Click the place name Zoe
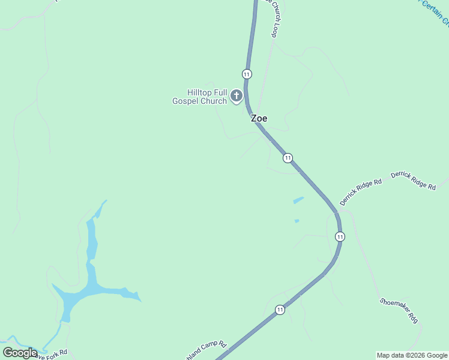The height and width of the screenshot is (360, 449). pos(259,118)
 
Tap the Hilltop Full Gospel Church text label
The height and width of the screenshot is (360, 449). pos(199,97)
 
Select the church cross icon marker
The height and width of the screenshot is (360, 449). pos(237,95)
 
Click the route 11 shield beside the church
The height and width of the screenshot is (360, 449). pos(247,74)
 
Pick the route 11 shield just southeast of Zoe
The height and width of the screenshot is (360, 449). pos(288,158)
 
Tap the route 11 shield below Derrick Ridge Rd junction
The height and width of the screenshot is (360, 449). pos(340,236)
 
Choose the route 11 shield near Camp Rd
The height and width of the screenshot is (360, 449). pos(280,310)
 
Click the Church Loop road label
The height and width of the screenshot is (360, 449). pos(275,18)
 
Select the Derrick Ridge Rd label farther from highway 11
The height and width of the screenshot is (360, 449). pos(413,181)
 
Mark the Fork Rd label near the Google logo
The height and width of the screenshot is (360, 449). pos(53,354)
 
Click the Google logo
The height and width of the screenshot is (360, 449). pos(20,352)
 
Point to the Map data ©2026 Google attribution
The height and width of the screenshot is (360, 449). pos(412,355)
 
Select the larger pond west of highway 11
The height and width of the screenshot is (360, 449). pos(298,200)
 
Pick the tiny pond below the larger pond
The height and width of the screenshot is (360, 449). pos(297,221)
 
